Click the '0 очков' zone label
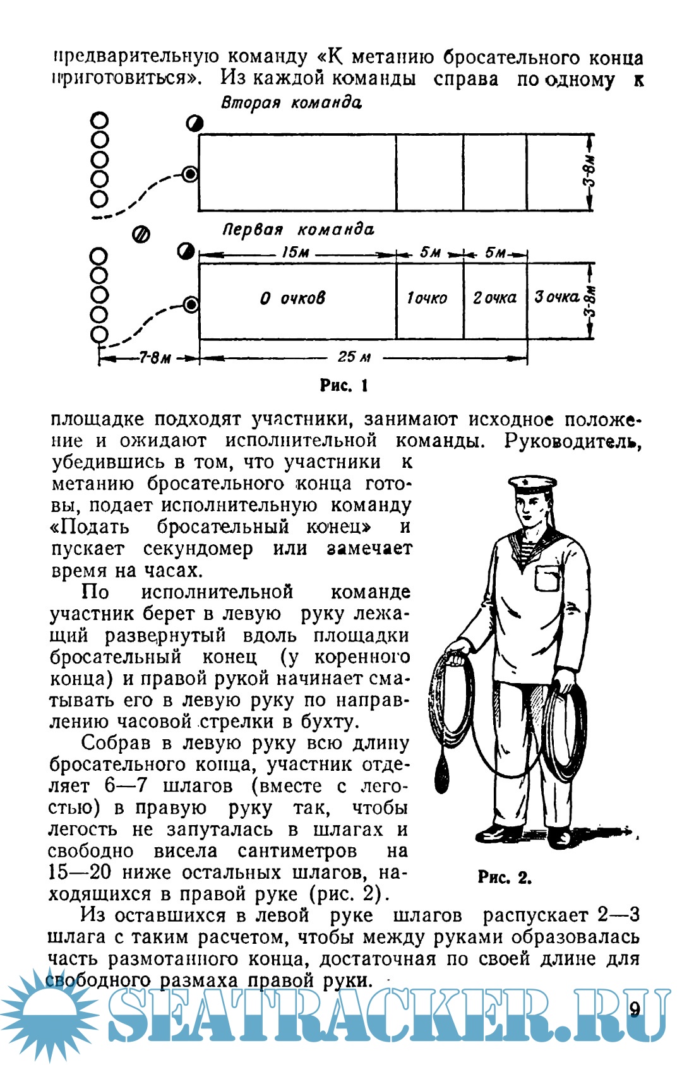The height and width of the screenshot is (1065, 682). point(292,298)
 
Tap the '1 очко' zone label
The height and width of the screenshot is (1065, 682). point(427,298)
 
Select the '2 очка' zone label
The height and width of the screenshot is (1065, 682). point(494,297)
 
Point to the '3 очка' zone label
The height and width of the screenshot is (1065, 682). point(556,297)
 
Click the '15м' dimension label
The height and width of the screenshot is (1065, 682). point(295,253)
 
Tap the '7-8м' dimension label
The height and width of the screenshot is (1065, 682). point(155,358)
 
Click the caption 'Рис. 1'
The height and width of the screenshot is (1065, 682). point(344,385)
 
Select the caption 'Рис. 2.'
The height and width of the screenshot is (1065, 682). point(504,877)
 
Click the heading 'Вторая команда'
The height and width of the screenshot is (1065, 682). point(291,103)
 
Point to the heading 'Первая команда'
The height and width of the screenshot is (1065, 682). point(297,229)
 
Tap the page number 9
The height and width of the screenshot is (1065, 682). point(635,1009)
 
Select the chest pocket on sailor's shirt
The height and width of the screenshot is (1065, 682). point(547,577)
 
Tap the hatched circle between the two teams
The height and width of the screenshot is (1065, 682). point(141,235)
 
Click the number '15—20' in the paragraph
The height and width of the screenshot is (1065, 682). point(80,872)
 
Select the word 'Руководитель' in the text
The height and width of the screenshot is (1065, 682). point(572,441)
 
